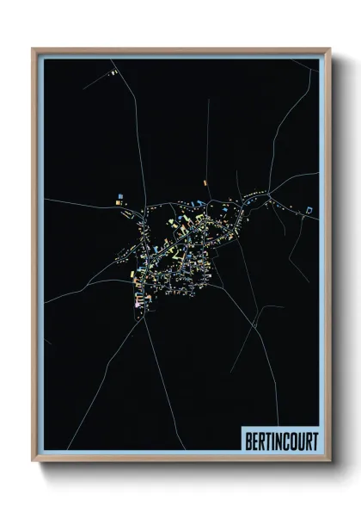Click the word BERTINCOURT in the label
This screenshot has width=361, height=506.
(x=280, y=441)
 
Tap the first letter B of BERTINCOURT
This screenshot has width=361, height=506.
(x=247, y=441)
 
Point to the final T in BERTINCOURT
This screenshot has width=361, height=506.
(x=314, y=441)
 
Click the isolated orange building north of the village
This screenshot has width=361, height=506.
(x=205, y=182)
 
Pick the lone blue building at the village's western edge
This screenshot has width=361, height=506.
(x=119, y=201)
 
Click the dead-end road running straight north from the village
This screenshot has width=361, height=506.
(x=207, y=138)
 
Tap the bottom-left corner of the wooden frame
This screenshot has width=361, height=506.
(x=34, y=460)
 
